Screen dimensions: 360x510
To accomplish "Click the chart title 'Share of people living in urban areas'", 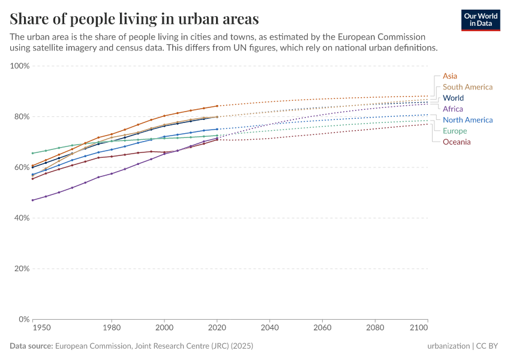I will pyautogui.click(x=134, y=19).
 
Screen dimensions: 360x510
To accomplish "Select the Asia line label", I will pyautogui.click(x=450, y=76).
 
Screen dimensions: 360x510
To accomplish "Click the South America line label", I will pyautogui.click(x=467, y=87).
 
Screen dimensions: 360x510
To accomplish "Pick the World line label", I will pyautogui.click(x=453, y=98).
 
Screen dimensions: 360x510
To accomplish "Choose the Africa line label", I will pyautogui.click(x=452, y=109).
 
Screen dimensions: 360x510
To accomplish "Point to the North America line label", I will pyautogui.click(x=467, y=120).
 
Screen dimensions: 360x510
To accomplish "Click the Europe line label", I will pyautogui.click(x=455, y=131).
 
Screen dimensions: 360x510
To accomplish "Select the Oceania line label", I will pyautogui.click(x=457, y=142).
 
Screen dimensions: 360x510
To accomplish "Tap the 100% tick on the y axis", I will pyautogui.click(x=20, y=66).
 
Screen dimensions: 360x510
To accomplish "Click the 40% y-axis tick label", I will pyautogui.click(x=22, y=218).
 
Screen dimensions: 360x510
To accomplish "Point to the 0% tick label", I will pyautogui.click(x=24, y=319).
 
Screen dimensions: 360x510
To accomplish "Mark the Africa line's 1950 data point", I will pyautogui.click(x=32, y=200).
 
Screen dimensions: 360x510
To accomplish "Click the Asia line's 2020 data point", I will pyautogui.click(x=217, y=106).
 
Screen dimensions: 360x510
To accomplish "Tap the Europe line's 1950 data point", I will pyautogui.click(x=32, y=153).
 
